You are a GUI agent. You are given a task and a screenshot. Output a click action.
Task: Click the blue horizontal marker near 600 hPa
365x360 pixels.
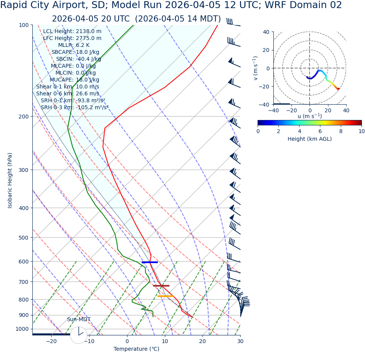click(150, 262)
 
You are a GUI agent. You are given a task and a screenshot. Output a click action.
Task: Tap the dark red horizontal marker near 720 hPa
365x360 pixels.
click(161, 286)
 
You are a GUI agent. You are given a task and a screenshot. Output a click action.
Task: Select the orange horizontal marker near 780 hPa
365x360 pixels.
click(165, 296)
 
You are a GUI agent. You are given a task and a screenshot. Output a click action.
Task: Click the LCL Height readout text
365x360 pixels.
click(72, 32)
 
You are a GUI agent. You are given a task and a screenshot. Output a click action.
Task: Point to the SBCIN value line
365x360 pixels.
click(78, 59)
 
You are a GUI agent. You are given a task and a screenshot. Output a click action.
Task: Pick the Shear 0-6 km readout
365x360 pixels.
click(67, 94)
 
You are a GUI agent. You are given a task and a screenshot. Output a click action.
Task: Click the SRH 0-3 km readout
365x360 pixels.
click(74, 108)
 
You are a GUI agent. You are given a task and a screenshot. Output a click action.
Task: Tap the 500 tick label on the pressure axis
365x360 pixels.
click(24, 238)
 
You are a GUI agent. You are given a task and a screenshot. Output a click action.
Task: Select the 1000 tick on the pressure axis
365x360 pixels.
click(22, 329)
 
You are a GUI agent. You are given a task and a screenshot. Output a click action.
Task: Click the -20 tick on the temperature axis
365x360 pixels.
click(51, 342)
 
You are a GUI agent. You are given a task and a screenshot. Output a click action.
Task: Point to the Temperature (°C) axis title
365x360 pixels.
click(136, 349)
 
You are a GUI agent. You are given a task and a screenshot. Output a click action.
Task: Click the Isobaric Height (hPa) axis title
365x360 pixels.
click(10, 180)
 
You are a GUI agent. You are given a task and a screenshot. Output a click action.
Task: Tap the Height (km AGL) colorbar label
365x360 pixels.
click(310, 139)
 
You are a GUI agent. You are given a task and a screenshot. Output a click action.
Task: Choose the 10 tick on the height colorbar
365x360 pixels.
click(361, 131)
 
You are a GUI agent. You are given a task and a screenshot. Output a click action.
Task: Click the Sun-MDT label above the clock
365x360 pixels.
click(79, 320)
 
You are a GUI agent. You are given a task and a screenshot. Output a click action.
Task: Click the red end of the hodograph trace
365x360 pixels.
click(338, 89)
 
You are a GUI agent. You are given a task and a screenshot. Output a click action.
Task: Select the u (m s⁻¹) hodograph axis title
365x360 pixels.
click(310, 116)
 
